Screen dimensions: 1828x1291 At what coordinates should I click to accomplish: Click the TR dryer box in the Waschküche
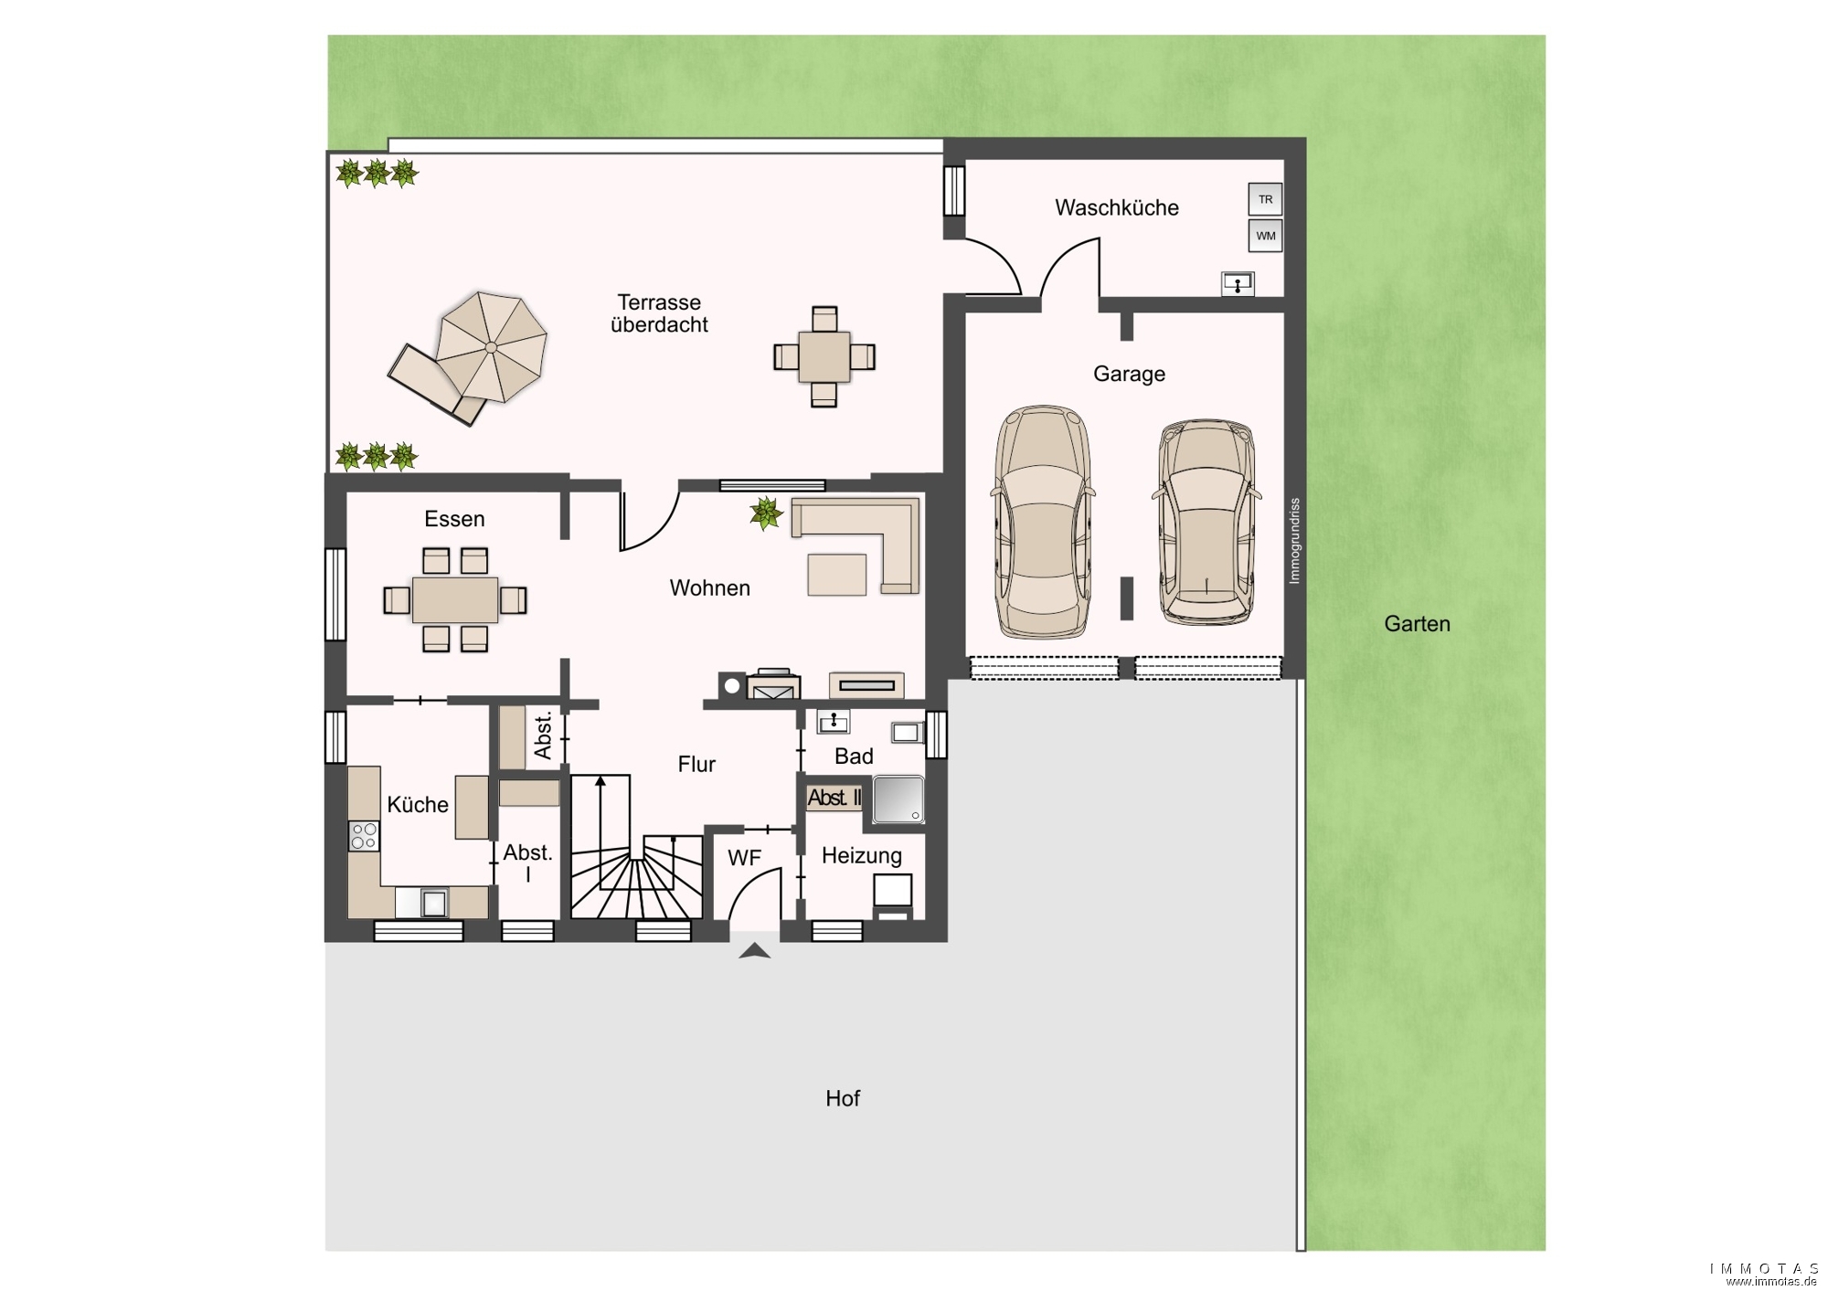pyautogui.click(x=1265, y=199)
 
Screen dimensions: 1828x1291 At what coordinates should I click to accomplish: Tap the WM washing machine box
pyautogui.click(x=1265, y=236)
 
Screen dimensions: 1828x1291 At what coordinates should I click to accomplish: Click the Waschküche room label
pyautogui.click(x=1117, y=207)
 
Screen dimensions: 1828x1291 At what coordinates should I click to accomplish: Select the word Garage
pyautogui.click(x=1129, y=374)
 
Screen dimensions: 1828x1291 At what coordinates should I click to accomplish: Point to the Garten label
pyautogui.click(x=1417, y=624)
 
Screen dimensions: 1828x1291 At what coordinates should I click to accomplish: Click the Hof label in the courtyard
pyautogui.click(x=843, y=1098)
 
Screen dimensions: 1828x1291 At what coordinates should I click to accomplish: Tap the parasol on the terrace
pyautogui.click(x=491, y=347)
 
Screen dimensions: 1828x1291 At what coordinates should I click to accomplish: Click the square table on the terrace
pyautogui.click(x=824, y=356)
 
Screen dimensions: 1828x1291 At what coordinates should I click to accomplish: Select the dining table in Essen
pyautogui.click(x=455, y=599)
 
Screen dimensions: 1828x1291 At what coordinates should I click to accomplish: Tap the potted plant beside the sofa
pyautogui.click(x=766, y=513)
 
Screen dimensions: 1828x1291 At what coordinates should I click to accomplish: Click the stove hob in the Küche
pyautogui.click(x=364, y=836)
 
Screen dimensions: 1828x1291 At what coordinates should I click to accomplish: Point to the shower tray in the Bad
pyautogui.click(x=898, y=799)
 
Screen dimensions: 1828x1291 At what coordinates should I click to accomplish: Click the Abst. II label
pyautogui.click(x=834, y=798)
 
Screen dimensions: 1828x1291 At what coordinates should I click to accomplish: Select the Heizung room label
pyautogui.click(x=862, y=856)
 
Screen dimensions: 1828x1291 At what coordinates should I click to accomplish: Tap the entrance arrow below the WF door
pyautogui.click(x=754, y=951)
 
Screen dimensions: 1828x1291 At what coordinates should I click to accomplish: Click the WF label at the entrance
pyautogui.click(x=744, y=858)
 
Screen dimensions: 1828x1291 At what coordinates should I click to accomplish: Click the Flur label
pyautogui.click(x=696, y=764)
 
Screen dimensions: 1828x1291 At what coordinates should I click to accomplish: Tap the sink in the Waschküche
pyautogui.click(x=1238, y=284)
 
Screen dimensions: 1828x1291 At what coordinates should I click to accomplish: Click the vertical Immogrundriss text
pyautogui.click(x=1294, y=541)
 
